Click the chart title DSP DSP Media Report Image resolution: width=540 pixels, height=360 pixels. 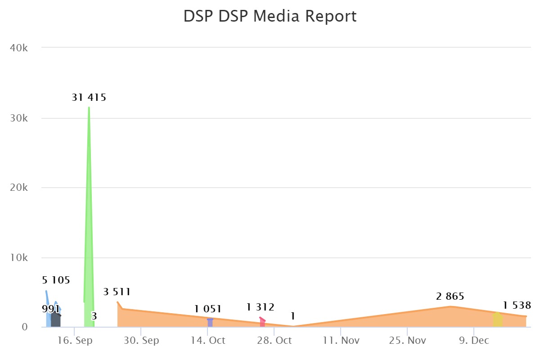tap(270, 16)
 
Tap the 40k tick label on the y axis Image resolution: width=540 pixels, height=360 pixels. tap(19, 48)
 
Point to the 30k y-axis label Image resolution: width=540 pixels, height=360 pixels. tap(19, 118)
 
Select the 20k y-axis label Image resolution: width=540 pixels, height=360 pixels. tap(19, 188)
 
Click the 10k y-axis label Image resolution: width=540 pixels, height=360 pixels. tap(19, 258)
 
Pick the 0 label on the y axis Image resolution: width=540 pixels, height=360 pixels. tap(25, 327)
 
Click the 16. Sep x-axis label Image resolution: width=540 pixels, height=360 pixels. tap(76, 341)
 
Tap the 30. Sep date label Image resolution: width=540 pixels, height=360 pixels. tap(142, 341)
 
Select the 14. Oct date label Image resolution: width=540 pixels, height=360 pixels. tap(208, 341)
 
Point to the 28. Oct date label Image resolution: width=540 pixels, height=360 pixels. tap(274, 341)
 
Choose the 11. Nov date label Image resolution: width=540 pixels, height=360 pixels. tap(341, 341)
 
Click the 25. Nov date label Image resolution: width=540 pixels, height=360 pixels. tap(407, 341)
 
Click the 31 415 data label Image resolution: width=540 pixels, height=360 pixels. tap(89, 97)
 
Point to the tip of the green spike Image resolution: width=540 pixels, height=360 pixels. tap(89, 108)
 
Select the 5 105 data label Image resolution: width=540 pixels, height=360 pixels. tap(56, 280)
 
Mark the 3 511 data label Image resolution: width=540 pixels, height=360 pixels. tap(117, 292)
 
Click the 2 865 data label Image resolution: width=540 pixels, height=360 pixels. tap(450, 297)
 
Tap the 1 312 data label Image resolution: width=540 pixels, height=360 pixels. tap(260, 307)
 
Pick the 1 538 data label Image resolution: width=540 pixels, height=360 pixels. tap(517, 306)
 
